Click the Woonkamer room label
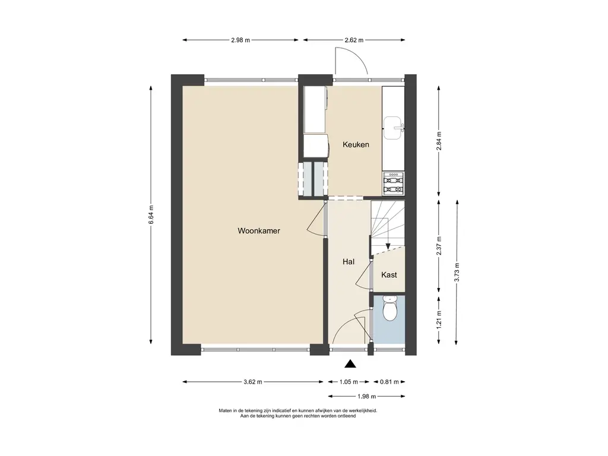pyautogui.click(x=259, y=231)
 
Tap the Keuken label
pyautogui.click(x=356, y=145)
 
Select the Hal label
pyautogui.click(x=349, y=262)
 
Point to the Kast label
pyautogui.click(x=389, y=275)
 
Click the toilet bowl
pyautogui.click(x=389, y=309)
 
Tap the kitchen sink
pyautogui.click(x=393, y=128)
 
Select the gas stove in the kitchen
pyautogui.click(x=394, y=184)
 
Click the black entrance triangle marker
pyautogui.click(x=350, y=363)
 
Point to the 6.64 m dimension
pyautogui.click(x=151, y=214)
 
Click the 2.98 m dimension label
pyautogui.click(x=240, y=40)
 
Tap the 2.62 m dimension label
pyautogui.click(x=354, y=40)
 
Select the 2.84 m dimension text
pyautogui.click(x=439, y=142)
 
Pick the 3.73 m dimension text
pyautogui.click(x=457, y=273)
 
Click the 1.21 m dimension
pyautogui.click(x=439, y=321)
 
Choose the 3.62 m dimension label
pyautogui.click(x=253, y=382)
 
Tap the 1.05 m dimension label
pyautogui.click(x=349, y=382)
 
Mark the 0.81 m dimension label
pyautogui.click(x=389, y=382)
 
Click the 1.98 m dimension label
pyautogui.click(x=366, y=396)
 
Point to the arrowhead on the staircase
pyautogui.click(x=388, y=246)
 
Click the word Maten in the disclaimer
pyautogui.click(x=225, y=411)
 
